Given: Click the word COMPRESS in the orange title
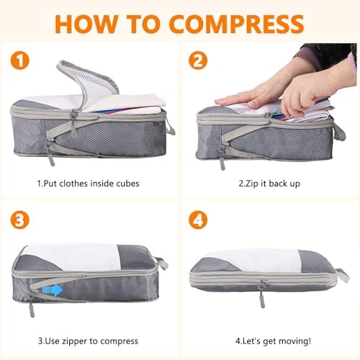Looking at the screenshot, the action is pos(237,24).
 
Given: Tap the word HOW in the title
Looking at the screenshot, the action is pos(86,24).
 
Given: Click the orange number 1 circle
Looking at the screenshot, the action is pos(19,60).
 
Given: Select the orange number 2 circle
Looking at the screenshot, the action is pos(198,60).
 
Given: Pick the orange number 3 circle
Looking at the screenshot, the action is pos(19,220).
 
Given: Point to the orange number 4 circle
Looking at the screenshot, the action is pos(198,220).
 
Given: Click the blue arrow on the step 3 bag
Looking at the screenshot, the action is pos(53,290).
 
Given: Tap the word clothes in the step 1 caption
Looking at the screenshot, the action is pos(73,184).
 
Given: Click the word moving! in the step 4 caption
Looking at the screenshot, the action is pos(297,341).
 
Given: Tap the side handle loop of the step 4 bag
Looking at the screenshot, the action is pos(343,275).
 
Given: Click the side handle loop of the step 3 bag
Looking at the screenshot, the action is pos(162,263).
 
